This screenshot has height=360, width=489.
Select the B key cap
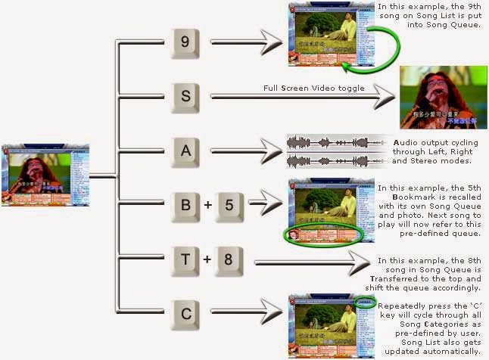click(185, 205)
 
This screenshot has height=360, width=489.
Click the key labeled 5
click(232, 205)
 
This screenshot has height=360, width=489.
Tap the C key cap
click(185, 312)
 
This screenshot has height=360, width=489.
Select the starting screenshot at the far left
click(45, 175)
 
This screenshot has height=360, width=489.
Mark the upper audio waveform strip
click(338, 142)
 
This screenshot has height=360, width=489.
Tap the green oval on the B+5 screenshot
click(322, 233)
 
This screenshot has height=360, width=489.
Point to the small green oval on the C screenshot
click(366, 302)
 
